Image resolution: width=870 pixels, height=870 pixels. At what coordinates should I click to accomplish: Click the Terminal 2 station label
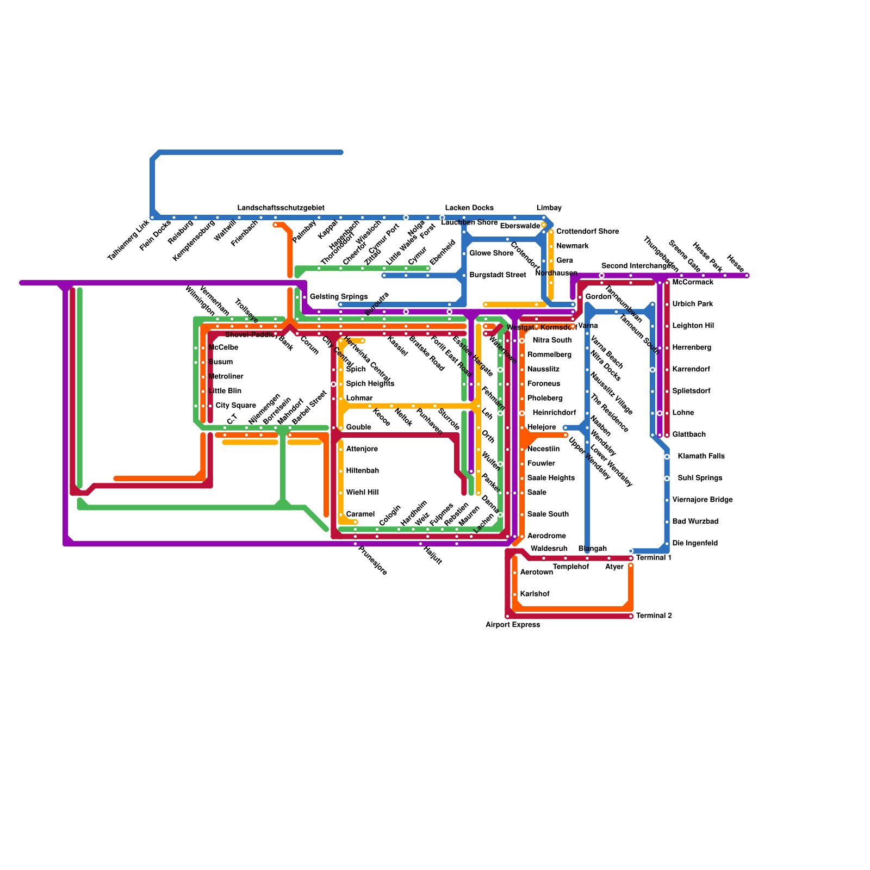tap(654, 616)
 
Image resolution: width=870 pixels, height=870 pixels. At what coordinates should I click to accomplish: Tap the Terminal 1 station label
tap(654, 558)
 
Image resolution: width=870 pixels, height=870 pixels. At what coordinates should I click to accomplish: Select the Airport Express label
tap(513, 625)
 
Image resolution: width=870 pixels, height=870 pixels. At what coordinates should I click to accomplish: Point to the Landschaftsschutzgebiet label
tap(281, 208)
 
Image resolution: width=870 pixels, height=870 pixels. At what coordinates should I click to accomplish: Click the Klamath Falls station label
tap(701, 456)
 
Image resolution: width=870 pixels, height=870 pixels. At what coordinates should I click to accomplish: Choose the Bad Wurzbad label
tap(695, 521)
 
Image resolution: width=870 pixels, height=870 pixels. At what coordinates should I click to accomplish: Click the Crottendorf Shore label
tap(587, 232)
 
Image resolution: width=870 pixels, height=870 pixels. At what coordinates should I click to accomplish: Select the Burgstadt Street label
tap(498, 275)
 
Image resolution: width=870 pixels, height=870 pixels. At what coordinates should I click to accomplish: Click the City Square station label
tap(235, 406)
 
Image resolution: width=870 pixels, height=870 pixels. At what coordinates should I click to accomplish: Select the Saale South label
tap(548, 514)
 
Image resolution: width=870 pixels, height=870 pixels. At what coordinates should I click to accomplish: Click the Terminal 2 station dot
tap(631, 616)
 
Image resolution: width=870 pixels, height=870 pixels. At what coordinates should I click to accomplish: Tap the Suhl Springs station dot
tap(667, 478)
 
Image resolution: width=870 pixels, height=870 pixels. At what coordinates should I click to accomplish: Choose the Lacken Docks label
tap(469, 208)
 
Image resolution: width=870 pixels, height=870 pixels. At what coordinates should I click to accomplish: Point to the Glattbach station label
tap(689, 435)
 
